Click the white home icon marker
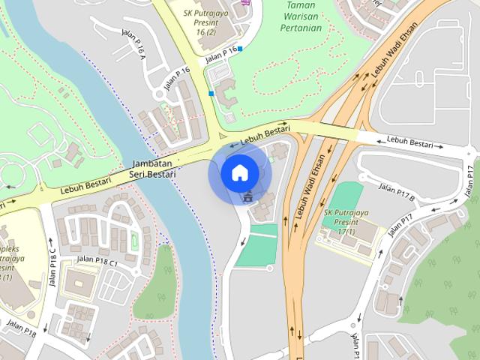click(x=239, y=172)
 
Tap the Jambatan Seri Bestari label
click(x=152, y=169)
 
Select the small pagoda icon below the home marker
click(x=247, y=198)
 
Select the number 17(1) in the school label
click(x=346, y=232)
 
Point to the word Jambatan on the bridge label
click(x=152, y=163)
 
